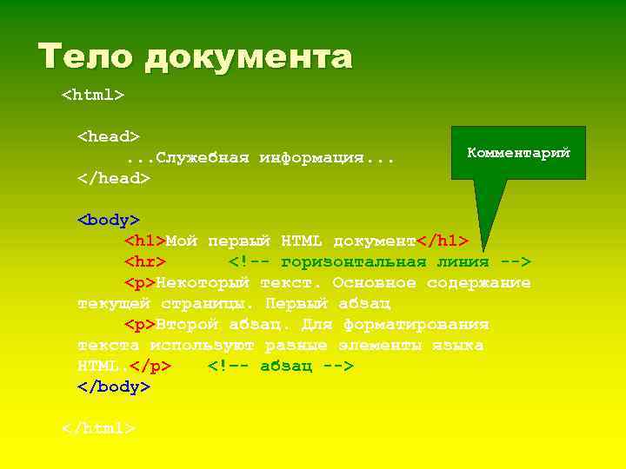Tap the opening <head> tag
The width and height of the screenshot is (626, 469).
109,136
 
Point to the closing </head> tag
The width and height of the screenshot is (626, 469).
114,178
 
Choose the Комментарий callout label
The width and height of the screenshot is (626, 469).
518,153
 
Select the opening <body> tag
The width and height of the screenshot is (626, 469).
110,220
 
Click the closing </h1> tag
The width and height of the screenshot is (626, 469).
443,241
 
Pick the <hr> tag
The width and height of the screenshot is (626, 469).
145,261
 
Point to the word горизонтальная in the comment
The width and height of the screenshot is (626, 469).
354,261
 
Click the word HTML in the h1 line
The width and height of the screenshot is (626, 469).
303,241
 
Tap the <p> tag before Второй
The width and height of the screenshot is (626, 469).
140,325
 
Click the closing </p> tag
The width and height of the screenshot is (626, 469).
150,367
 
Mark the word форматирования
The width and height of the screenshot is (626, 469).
416,325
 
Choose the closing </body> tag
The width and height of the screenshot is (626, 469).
114,387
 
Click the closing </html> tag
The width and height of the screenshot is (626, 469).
98,429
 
